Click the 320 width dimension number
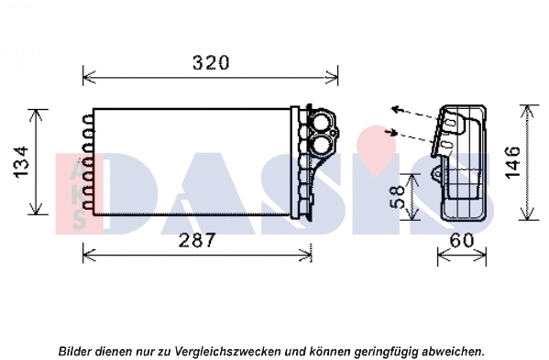[210, 63]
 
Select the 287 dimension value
[196, 240]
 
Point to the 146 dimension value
[512, 162]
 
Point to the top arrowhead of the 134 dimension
[38, 113]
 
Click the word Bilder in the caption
[76, 351]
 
